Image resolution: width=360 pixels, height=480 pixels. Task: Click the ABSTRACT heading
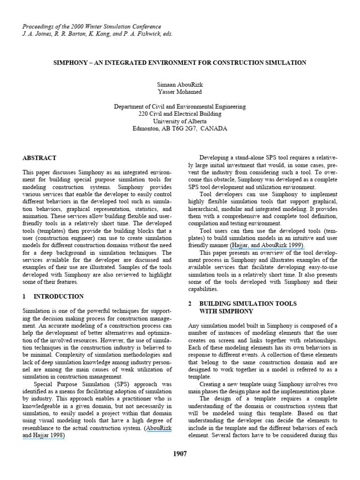click(39, 158)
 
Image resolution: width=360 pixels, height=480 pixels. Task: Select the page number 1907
click(180, 454)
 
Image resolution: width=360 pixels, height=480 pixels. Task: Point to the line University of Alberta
click(180, 121)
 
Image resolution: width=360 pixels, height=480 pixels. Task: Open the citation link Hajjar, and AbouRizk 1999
click(267, 245)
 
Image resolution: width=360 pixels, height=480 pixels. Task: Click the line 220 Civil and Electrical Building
click(180, 113)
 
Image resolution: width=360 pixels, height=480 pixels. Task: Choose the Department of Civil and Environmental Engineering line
click(180, 106)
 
